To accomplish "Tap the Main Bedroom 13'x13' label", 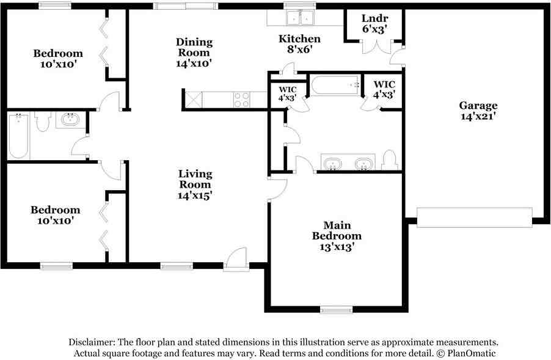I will point(337,236).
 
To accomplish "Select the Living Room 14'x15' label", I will point(195,185).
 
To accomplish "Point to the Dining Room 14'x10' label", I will point(194,52).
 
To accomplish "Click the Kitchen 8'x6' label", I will point(299,45).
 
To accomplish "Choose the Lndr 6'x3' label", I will point(374,23).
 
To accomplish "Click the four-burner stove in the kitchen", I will point(241,100).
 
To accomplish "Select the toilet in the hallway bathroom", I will point(42,122).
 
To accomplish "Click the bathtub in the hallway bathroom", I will point(19,136).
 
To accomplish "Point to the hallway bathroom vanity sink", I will point(72,120).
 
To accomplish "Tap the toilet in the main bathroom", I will point(389,161).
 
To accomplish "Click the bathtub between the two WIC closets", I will point(335,86).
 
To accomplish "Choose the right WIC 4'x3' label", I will point(384,89).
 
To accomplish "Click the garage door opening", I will point(474,217).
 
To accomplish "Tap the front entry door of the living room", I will point(235,260).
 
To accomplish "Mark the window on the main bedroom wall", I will point(337,310).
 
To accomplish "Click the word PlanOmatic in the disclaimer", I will point(470,353).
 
